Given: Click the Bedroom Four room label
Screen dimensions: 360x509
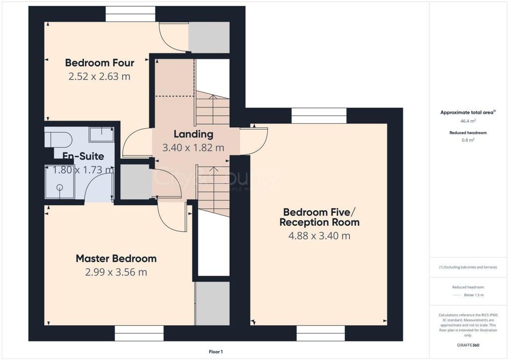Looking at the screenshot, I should (99, 63).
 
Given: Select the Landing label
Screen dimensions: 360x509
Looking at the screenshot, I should (193, 134).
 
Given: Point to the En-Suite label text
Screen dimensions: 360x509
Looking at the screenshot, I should (83, 156).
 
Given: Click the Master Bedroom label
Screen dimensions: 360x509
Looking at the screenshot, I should (116, 259).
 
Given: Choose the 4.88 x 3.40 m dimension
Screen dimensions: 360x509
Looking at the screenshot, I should (319, 236).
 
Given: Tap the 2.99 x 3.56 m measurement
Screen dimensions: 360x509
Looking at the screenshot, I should (116, 272).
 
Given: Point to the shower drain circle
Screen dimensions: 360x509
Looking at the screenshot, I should (60, 187).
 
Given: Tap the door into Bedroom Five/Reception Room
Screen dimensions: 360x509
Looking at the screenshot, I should (254, 141).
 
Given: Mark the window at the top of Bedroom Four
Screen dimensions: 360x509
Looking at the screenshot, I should (130, 14).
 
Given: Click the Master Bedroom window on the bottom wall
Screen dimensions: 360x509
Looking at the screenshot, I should (139, 333).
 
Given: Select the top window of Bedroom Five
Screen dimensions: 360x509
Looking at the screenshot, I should (318, 116).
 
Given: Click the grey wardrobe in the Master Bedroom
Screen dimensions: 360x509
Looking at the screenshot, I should (212, 304).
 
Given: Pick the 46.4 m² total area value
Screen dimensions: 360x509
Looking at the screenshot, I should (468, 121).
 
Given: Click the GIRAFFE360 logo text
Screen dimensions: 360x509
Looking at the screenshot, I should (468, 345).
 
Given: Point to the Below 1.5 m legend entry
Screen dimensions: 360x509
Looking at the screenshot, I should (474, 295).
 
